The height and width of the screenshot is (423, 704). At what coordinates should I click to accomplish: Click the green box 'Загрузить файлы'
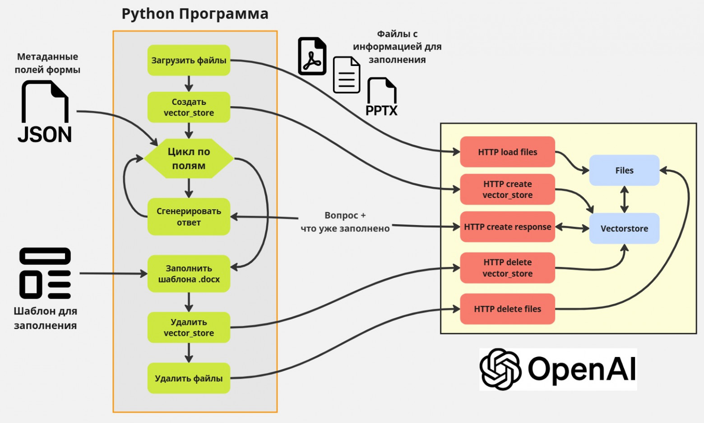pyautogui.click(x=189, y=60)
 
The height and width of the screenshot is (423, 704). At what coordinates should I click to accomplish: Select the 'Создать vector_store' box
pyautogui.click(x=189, y=107)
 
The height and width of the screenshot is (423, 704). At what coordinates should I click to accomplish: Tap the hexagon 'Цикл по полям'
pyautogui.click(x=189, y=159)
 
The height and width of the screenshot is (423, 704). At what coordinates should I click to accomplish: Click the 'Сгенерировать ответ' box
pyautogui.click(x=189, y=216)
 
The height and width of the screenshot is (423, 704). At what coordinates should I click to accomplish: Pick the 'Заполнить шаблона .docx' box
pyautogui.click(x=189, y=273)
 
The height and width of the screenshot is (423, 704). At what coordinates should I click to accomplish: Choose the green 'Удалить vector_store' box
pyautogui.click(x=189, y=327)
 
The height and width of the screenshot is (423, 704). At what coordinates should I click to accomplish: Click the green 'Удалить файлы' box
pyautogui.click(x=189, y=378)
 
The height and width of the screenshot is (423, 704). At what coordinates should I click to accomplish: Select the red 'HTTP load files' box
pyautogui.click(x=507, y=152)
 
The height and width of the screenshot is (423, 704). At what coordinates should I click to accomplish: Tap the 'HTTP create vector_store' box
pyautogui.click(x=507, y=189)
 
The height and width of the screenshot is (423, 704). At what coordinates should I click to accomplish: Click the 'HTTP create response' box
pyautogui.click(x=507, y=227)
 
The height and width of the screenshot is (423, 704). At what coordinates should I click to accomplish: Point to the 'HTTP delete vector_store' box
pyautogui.click(x=507, y=268)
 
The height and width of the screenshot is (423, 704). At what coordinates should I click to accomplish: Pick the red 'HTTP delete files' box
pyautogui.click(x=507, y=309)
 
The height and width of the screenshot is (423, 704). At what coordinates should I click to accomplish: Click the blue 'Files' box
pyautogui.click(x=624, y=170)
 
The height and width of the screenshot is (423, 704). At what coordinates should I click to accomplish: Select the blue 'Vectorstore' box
pyautogui.click(x=624, y=228)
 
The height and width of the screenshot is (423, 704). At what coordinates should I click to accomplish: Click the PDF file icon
pyautogui.click(x=312, y=56)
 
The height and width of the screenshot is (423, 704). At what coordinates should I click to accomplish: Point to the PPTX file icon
pyautogui.click(x=382, y=97)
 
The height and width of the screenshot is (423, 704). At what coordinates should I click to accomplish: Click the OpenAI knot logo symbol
pyautogui.click(x=500, y=369)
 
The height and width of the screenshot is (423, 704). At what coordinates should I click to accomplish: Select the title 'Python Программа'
pyautogui.click(x=195, y=14)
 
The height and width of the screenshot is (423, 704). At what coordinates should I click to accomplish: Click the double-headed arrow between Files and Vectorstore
pyautogui.click(x=624, y=199)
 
